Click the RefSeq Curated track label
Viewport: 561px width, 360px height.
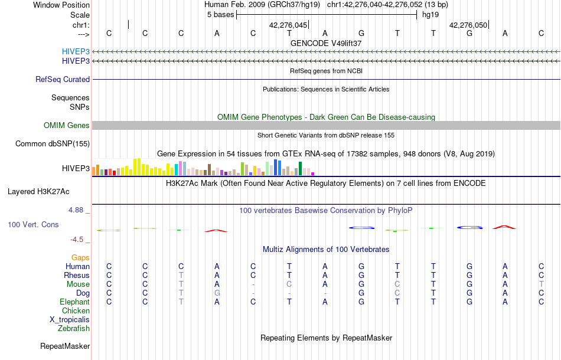click(63, 79)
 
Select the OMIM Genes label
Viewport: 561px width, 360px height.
click(66, 125)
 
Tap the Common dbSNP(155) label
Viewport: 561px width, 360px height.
click(53, 143)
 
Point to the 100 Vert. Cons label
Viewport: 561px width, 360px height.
click(33, 225)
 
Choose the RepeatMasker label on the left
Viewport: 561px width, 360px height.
click(65, 346)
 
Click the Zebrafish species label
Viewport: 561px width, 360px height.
click(74, 328)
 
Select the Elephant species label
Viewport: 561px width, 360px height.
click(74, 302)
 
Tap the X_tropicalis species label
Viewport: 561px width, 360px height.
click(70, 319)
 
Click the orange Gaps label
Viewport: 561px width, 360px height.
click(80, 257)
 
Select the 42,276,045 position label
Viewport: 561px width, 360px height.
click(288, 25)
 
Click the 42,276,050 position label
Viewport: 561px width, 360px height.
click(468, 25)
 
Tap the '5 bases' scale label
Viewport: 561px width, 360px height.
click(220, 15)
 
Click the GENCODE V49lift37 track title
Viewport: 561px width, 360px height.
click(326, 43)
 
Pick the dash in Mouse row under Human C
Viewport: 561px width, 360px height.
click(253, 284)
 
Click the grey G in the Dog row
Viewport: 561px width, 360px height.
click(217, 293)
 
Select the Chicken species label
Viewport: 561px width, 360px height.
click(76, 310)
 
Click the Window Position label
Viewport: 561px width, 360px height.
click(61, 5)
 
